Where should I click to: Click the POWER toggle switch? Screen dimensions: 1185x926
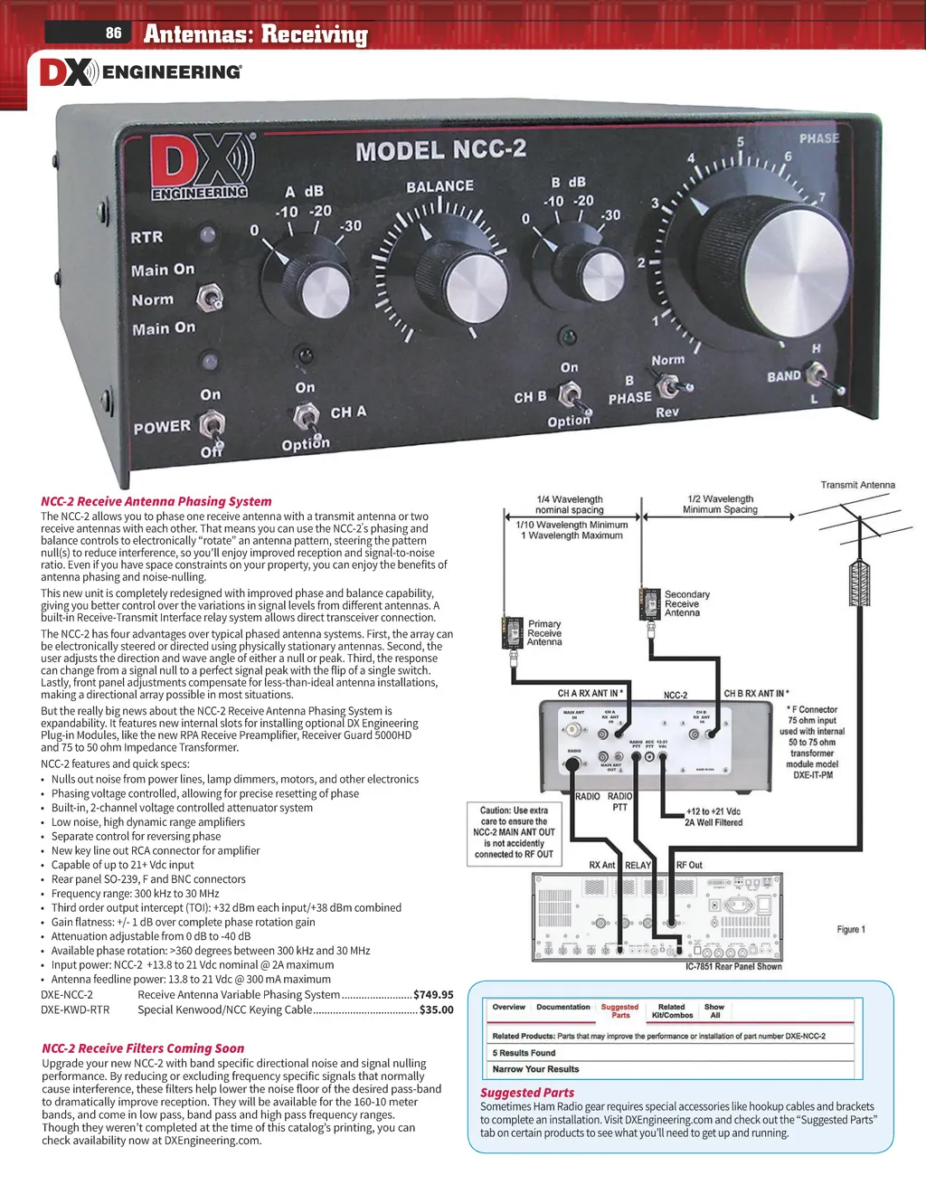pyautogui.click(x=213, y=425)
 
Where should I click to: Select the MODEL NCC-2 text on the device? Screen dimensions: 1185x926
pyautogui.click(x=440, y=150)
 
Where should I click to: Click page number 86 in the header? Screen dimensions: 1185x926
pyautogui.click(x=113, y=33)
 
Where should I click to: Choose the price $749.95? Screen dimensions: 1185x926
pyautogui.click(x=433, y=994)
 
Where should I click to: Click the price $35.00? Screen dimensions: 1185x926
pyautogui.click(x=437, y=1010)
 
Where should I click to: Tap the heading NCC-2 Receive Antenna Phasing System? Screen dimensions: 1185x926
pyautogui.click(x=156, y=501)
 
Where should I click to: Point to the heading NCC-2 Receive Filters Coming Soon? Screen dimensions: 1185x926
pyautogui.click(x=143, y=1048)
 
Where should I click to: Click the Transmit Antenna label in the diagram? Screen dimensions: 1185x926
pyautogui.click(x=857, y=485)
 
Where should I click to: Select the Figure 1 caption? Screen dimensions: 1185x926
pyautogui.click(x=851, y=929)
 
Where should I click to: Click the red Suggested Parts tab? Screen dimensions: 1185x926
pyautogui.click(x=619, y=1010)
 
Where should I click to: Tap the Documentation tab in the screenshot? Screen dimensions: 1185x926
pyautogui.click(x=562, y=1007)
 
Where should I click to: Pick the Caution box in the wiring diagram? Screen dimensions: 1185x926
pyautogui.click(x=514, y=832)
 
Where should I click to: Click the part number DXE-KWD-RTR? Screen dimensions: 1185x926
pyautogui.click(x=75, y=1010)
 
